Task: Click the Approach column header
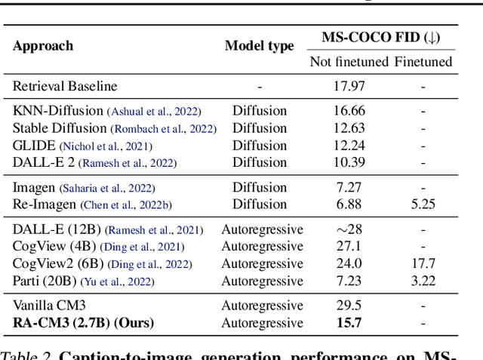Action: pyautogui.click(x=43, y=45)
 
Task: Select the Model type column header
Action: pyautogui.click(x=259, y=45)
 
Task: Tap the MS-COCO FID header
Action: pyautogui.click(x=382, y=37)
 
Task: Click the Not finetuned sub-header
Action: pyautogui.click(x=349, y=62)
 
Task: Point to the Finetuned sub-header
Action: pyautogui.click(x=423, y=62)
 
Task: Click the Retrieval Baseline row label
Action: pyautogui.click(x=65, y=86)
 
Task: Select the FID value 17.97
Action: pyautogui.click(x=349, y=86)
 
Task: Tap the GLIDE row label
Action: pyautogui.click(x=35, y=146)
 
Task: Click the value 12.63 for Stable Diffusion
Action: pyautogui.click(x=349, y=128)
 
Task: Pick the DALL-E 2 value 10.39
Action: pyautogui.click(x=349, y=162)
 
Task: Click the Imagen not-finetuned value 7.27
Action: pyautogui.click(x=349, y=187)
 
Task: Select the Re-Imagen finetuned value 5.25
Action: pyautogui.click(x=423, y=204)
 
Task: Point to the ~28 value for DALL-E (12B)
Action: pyautogui.click(x=349, y=229)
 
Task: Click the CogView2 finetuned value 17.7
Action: pyautogui.click(x=423, y=263)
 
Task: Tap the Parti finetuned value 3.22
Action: pyautogui.click(x=423, y=281)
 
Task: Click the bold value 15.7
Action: pyautogui.click(x=349, y=323)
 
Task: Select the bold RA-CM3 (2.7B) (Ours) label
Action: pyautogui.click(x=83, y=323)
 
